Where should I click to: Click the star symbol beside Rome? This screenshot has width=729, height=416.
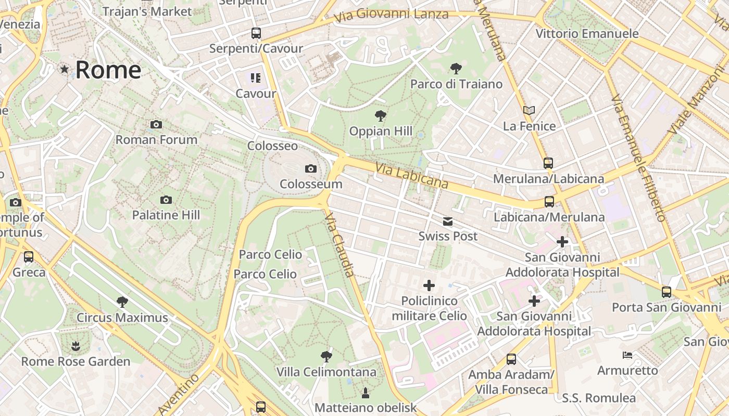(x=65, y=69)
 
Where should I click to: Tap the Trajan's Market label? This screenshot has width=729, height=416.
(x=147, y=11)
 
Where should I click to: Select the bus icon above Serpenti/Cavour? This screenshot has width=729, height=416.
(x=256, y=33)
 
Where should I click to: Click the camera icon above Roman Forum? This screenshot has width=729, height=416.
(x=156, y=125)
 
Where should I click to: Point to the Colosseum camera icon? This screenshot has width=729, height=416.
(x=311, y=168)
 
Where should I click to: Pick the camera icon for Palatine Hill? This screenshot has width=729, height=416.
(x=166, y=200)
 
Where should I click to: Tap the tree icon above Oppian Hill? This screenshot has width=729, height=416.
(x=381, y=115)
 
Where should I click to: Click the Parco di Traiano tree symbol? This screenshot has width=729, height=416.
(x=456, y=68)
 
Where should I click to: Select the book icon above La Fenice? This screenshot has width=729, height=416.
(x=529, y=110)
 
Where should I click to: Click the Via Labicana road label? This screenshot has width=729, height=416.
(x=411, y=175)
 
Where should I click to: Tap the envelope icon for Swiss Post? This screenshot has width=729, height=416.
(x=448, y=222)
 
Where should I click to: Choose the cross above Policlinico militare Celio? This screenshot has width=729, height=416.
(x=429, y=285)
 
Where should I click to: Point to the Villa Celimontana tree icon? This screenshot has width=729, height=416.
(x=326, y=357)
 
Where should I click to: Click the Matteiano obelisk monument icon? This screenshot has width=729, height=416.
(x=365, y=392)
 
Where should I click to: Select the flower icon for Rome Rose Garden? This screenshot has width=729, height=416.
(x=76, y=346)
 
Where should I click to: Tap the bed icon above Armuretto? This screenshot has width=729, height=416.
(x=627, y=355)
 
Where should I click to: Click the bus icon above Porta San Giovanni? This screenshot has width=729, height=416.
(x=667, y=292)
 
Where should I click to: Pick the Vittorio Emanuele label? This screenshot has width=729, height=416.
(x=587, y=34)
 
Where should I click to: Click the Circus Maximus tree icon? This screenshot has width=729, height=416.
(x=122, y=302)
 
